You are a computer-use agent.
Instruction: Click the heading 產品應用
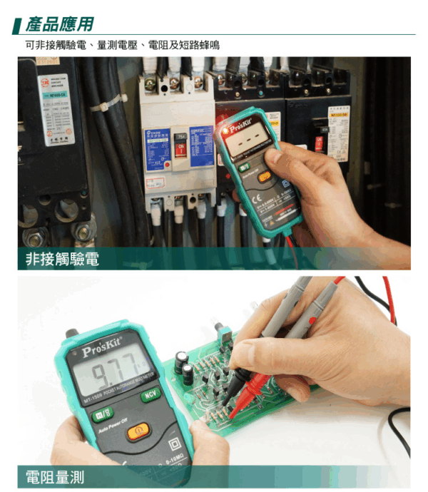59,24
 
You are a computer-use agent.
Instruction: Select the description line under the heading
122,45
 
